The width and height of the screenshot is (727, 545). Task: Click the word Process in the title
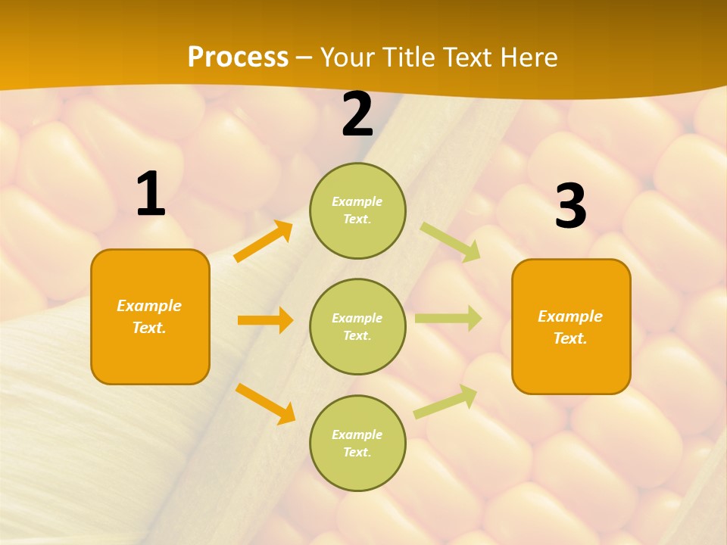238,58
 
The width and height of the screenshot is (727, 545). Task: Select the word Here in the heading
528,58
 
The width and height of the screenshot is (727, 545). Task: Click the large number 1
150,195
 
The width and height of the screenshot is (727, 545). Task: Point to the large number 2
357,114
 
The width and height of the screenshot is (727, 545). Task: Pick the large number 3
570,206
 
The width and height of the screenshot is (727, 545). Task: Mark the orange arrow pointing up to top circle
264,241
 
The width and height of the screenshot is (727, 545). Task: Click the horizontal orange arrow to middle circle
265,320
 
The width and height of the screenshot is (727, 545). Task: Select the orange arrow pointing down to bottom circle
265,403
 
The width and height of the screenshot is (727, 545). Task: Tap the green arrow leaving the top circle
451,241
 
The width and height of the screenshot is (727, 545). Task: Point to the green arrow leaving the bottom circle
445,401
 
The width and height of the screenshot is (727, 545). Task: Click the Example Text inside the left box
149,316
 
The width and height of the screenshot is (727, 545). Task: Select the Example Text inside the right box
570,327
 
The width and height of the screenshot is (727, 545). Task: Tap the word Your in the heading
348,58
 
